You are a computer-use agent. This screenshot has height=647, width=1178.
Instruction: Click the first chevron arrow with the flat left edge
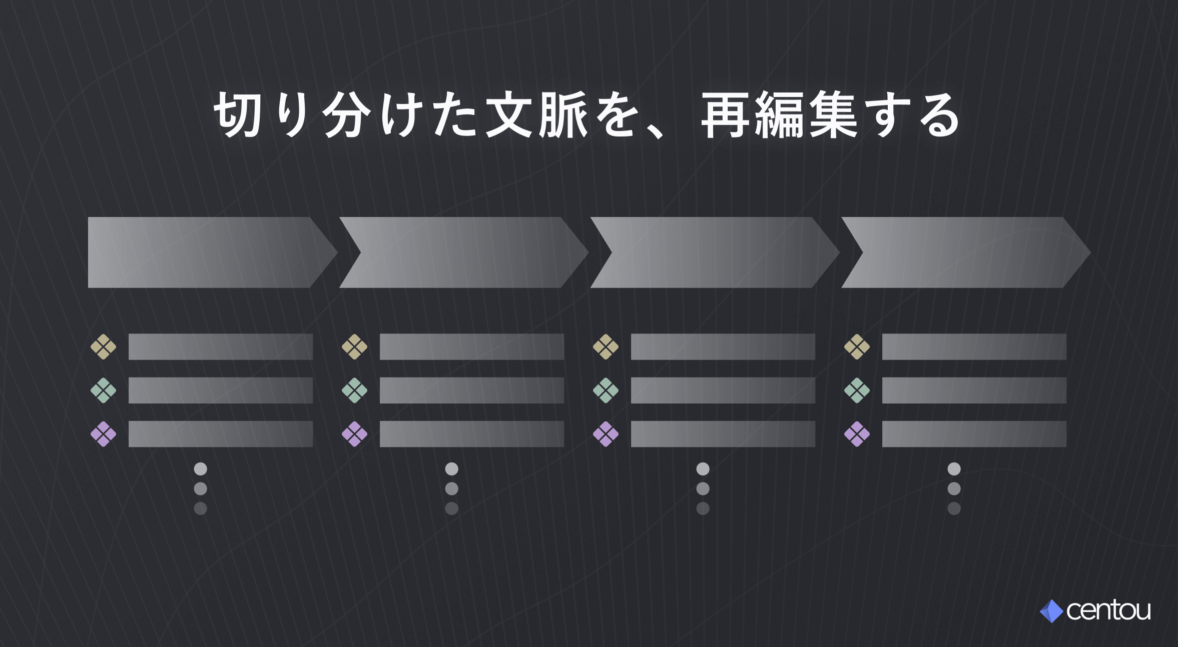click(x=210, y=252)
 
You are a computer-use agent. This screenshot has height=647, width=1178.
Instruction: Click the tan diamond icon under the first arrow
click(x=104, y=346)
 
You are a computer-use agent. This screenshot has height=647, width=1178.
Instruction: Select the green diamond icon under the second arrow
click(x=355, y=390)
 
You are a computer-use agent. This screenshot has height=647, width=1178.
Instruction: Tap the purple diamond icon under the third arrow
click(x=606, y=434)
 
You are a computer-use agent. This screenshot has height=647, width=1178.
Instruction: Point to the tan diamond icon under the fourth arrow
click(x=857, y=346)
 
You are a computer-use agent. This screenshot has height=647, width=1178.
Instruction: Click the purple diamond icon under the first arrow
click(x=104, y=434)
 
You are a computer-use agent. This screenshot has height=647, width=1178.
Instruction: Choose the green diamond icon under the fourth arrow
click(x=857, y=390)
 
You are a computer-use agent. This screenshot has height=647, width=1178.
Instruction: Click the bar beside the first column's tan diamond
click(x=221, y=346)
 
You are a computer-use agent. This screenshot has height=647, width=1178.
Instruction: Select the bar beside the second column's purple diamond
click(x=472, y=434)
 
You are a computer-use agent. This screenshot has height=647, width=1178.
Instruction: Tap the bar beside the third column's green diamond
click(x=723, y=390)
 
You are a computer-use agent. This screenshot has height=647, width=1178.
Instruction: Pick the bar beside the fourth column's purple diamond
click(x=974, y=434)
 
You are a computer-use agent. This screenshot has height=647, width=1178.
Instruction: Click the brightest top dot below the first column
click(x=201, y=469)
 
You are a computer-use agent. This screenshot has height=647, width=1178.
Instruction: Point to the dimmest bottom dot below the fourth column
click(x=954, y=508)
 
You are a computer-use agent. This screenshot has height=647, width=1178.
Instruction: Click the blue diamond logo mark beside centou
click(x=1051, y=611)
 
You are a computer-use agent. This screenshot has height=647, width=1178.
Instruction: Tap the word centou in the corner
click(x=1108, y=610)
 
